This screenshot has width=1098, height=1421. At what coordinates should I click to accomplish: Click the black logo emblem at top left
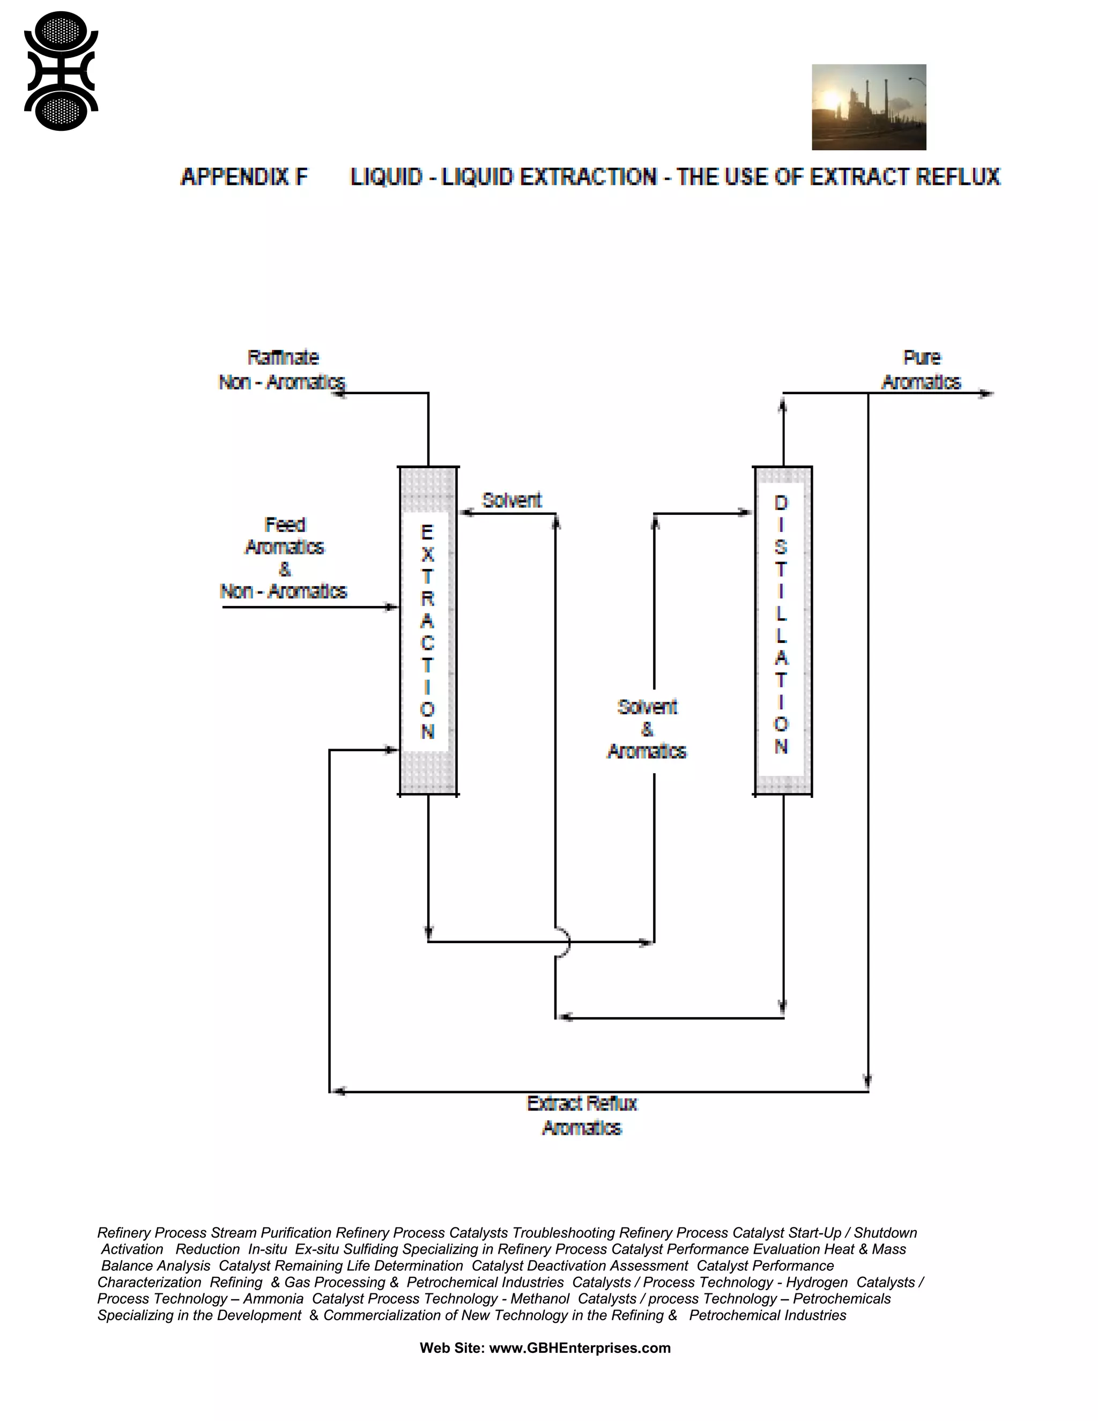pyautogui.click(x=61, y=71)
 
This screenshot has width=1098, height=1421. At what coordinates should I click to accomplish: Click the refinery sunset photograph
pyautogui.click(x=869, y=107)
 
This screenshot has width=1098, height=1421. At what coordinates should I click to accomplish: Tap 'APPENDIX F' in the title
pyautogui.click(x=244, y=177)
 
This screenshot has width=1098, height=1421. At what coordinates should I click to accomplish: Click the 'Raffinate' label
pyautogui.click(x=283, y=358)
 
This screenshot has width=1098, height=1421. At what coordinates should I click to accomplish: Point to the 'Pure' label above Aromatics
pyautogui.click(x=922, y=358)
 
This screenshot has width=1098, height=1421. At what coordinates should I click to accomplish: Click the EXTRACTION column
pyautogui.click(x=427, y=631)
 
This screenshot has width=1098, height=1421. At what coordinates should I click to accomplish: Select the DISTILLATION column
pyautogui.click(x=783, y=631)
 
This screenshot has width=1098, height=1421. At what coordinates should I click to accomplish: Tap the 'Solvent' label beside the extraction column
pyautogui.click(x=512, y=500)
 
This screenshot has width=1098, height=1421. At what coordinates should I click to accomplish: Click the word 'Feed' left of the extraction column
pyautogui.click(x=285, y=524)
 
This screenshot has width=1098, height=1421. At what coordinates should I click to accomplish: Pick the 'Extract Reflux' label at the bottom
pyautogui.click(x=582, y=1104)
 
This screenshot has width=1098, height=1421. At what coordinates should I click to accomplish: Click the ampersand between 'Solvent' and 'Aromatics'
pyautogui.click(x=647, y=729)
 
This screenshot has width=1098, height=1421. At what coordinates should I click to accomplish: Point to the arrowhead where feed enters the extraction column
pyautogui.click(x=391, y=607)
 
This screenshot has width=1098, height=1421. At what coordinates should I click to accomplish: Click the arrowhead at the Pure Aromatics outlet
pyautogui.click(x=987, y=393)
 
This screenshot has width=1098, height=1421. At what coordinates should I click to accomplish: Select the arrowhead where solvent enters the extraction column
pyautogui.click(x=466, y=513)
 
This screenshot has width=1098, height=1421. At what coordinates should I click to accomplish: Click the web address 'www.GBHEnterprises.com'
pyautogui.click(x=580, y=1348)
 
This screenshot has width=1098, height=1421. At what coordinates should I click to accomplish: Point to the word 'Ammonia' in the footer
pyautogui.click(x=273, y=1298)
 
